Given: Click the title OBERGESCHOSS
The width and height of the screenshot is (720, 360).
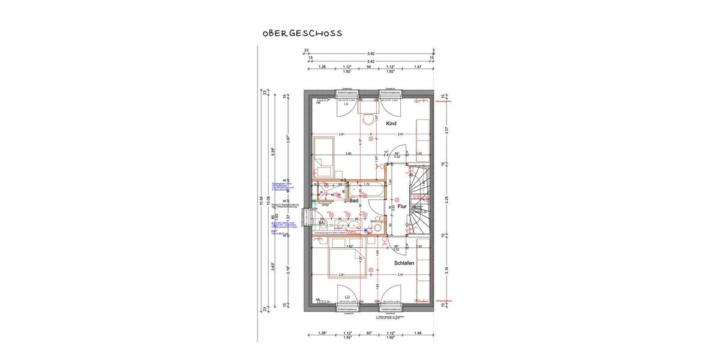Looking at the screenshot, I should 302,34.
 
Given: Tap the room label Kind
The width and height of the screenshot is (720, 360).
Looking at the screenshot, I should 391,124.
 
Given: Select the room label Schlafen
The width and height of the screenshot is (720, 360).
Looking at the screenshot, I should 404,263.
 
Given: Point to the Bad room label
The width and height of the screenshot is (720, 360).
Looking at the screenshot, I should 355,200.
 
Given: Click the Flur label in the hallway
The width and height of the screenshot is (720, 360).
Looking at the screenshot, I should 401,206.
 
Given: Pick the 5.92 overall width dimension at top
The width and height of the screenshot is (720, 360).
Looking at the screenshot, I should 370,53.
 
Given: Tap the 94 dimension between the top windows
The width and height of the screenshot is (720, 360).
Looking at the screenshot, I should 368,67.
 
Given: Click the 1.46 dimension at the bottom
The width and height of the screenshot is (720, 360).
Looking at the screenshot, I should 417,332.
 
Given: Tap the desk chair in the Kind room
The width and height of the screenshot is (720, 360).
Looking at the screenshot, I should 368,119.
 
